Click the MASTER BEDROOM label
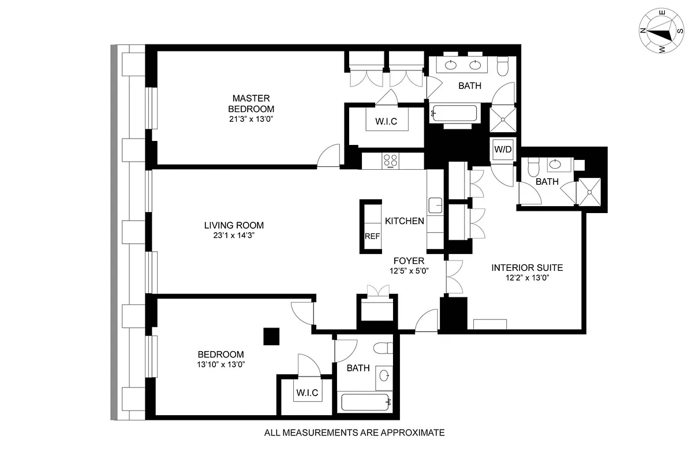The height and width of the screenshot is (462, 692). [251, 103]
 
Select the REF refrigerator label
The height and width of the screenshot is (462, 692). [371, 236]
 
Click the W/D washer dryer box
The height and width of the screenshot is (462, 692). [502, 150]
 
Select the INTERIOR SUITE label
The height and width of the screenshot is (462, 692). [526, 268]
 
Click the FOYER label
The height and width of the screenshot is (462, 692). [409, 261]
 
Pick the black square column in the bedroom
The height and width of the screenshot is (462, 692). [271, 336]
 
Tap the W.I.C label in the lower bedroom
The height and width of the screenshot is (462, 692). [307, 393]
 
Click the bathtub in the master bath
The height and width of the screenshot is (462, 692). [454, 114]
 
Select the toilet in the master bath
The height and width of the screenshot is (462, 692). [502, 66]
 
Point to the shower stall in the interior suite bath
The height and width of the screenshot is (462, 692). [590, 190]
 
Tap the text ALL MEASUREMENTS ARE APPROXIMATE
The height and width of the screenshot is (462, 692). [354, 432]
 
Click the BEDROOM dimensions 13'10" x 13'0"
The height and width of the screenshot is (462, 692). [220, 364]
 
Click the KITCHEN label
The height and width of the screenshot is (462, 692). [405, 221]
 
